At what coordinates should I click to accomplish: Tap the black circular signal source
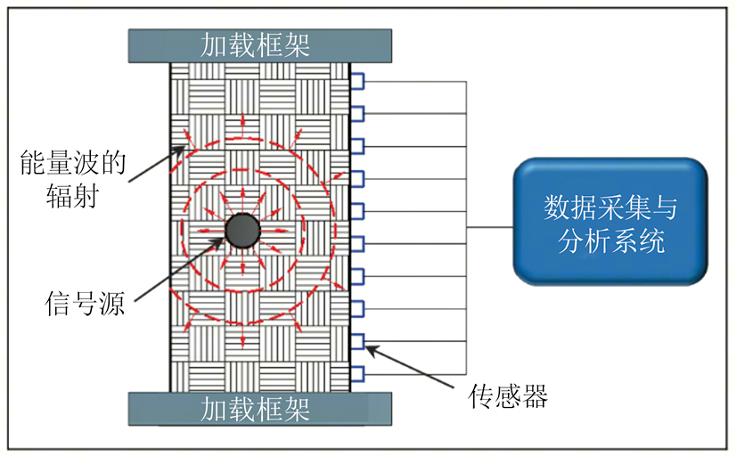[x=242, y=231]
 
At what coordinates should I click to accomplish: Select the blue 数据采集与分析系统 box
[x=610, y=222]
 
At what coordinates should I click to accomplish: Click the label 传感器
[x=507, y=396]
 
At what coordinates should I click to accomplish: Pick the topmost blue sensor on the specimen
[x=356, y=81]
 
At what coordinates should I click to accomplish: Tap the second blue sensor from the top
[x=356, y=113]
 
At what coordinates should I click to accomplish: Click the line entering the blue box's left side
[x=489, y=227]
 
